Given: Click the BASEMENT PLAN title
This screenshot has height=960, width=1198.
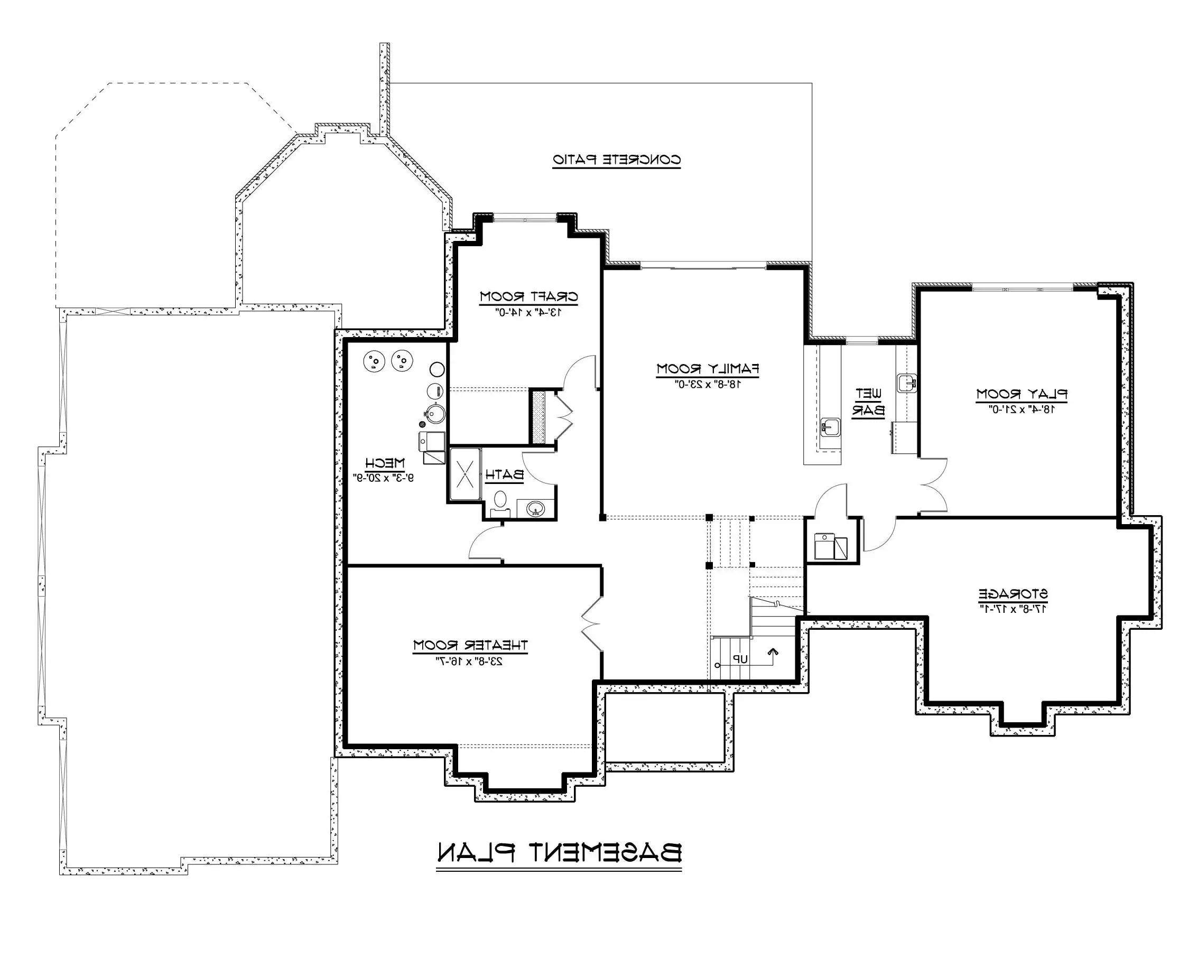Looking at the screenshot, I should click(x=559, y=853).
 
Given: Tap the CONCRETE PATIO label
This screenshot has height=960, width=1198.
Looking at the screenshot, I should click(x=616, y=160).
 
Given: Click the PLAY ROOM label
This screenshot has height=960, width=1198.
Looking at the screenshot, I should click(x=1022, y=394).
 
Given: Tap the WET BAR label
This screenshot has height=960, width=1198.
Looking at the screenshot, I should click(x=868, y=402).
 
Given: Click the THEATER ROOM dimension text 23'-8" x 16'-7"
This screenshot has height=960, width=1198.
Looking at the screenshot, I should click(x=470, y=661).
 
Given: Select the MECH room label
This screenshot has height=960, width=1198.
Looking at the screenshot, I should click(x=385, y=463).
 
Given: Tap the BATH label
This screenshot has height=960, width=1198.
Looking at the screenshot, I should click(x=505, y=475).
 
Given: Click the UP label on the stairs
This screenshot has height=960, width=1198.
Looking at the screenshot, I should click(x=740, y=659).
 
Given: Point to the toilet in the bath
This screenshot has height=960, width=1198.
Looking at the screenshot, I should click(x=500, y=501).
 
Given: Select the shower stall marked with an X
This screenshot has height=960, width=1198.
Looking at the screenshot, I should click(x=465, y=474).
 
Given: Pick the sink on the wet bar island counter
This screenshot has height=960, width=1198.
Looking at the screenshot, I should click(x=830, y=427).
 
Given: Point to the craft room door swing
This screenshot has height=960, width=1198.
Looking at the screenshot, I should click(x=580, y=371).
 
